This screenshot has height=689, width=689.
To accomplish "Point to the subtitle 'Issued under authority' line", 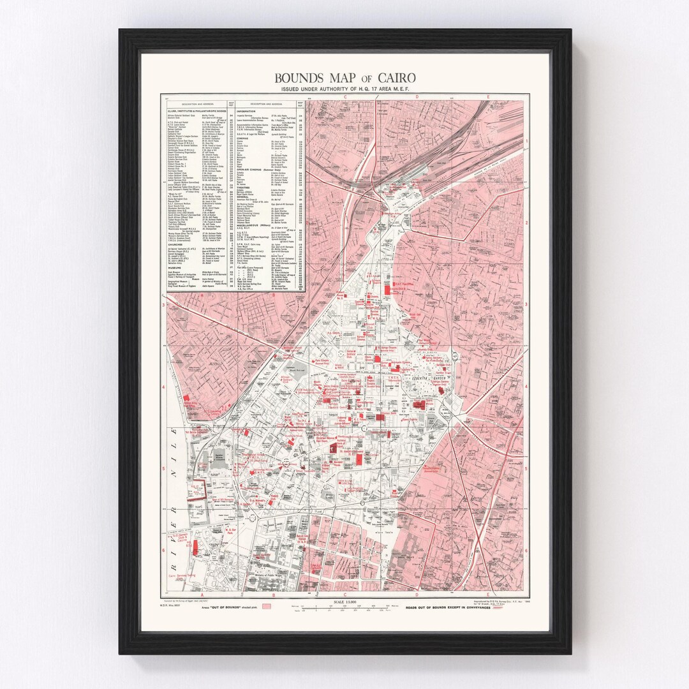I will point(344,89).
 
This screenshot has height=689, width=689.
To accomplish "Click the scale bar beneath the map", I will point(344,609).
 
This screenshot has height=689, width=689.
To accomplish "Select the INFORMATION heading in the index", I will point(246,111).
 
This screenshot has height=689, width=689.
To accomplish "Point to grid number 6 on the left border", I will point(164,550).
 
